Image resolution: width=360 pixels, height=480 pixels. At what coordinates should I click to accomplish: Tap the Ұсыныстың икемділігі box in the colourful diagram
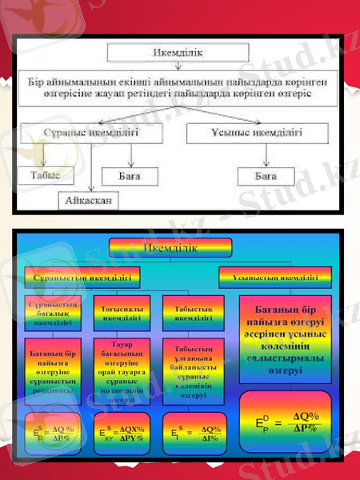coord(272,277)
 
